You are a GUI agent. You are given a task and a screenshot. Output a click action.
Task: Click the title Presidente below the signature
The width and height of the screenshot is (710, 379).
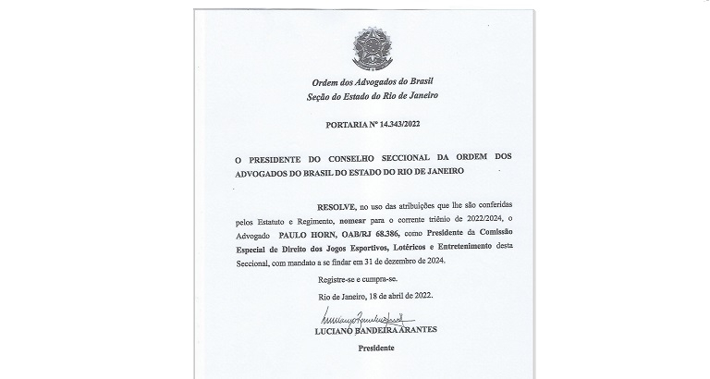(x=374, y=348)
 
